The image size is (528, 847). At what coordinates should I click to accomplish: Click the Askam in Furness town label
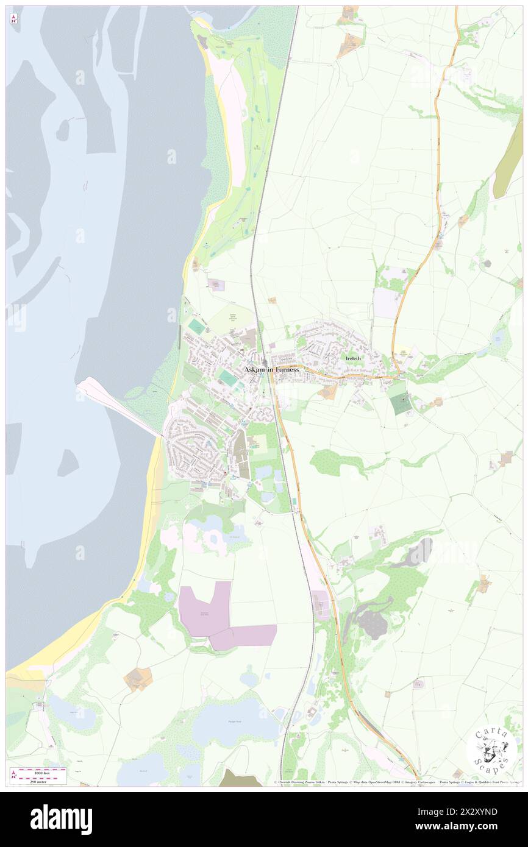(x=271, y=369)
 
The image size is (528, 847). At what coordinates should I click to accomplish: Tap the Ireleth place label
(x=354, y=358)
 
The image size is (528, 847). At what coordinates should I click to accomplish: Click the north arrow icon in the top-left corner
(x=13, y=19)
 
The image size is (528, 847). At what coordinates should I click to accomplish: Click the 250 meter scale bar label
(x=40, y=781)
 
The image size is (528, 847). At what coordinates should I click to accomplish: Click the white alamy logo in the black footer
(x=61, y=819)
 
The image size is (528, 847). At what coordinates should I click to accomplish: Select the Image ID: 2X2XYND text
(x=466, y=812)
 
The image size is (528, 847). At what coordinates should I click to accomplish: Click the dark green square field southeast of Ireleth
(x=401, y=404)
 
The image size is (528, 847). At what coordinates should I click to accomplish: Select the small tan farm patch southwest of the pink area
(x=138, y=678)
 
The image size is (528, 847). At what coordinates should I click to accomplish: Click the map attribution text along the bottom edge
(x=396, y=782)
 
